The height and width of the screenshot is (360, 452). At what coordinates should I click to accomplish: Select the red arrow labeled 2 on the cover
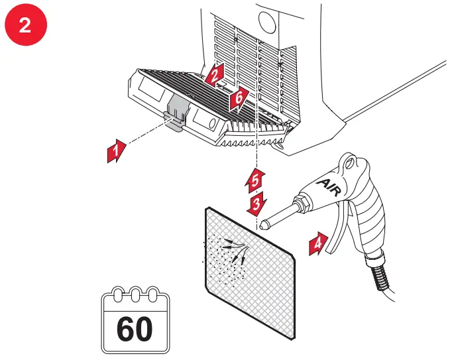coord(213,74)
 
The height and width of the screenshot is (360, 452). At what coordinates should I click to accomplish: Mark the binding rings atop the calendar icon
coord(135,294)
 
